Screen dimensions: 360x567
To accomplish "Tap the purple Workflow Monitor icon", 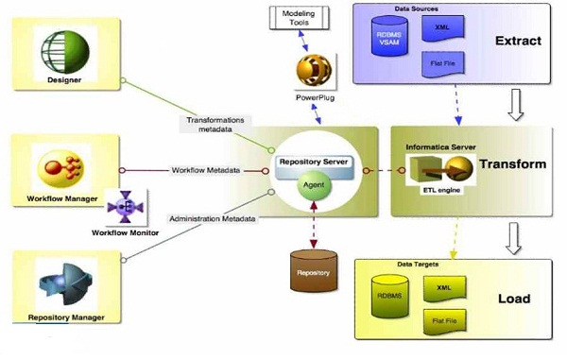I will click(x=124, y=207).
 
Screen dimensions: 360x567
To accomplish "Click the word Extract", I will click(x=519, y=42).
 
